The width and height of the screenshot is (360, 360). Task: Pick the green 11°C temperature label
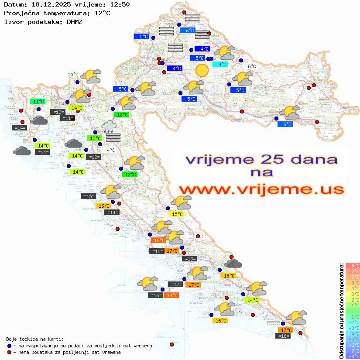pos(38,102)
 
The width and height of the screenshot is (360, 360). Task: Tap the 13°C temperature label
pos(95,138)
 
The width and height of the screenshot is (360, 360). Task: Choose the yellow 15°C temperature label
pos(177,214)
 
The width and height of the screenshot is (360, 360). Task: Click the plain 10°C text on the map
pos(73,75)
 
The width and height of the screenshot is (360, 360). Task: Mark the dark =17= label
pos(176,285)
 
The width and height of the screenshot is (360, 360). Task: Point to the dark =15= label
pos(89,196)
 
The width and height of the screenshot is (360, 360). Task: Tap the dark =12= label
pos(93,157)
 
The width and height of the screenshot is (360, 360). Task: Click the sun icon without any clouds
pos(202,70)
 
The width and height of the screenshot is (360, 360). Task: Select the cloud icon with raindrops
pos(109,127)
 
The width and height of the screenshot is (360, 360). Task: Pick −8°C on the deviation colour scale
pos(352,356)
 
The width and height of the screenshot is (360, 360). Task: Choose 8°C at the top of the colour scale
pos(352,266)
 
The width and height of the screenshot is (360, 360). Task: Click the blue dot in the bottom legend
pos(10,346)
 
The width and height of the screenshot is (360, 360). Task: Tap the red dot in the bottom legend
pos(10,352)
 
